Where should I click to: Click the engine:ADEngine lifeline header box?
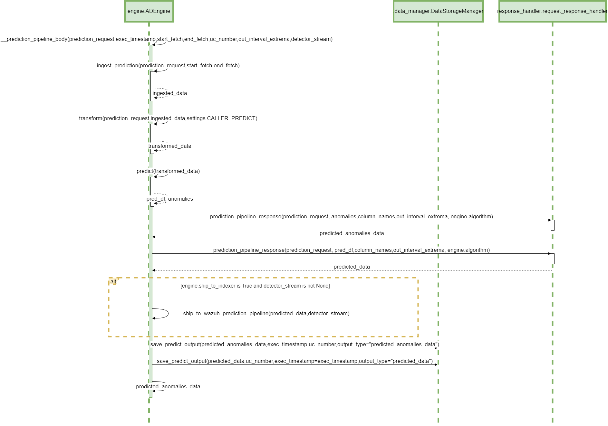(x=149, y=11)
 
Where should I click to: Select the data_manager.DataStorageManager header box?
(x=438, y=11)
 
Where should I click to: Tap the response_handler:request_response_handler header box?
(x=552, y=11)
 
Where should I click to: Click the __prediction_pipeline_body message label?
(x=167, y=39)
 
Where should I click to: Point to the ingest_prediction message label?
(x=168, y=66)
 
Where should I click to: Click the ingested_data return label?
(x=170, y=93)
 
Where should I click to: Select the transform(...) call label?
(x=168, y=118)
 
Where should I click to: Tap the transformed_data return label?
(x=170, y=146)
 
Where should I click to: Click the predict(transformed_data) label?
(x=168, y=171)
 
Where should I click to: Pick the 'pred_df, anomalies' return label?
(x=170, y=199)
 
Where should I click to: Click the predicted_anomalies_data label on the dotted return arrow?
(x=352, y=233)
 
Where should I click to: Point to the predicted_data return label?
(x=352, y=267)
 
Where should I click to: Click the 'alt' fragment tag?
(x=113, y=282)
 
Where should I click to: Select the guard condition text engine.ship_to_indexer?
(x=255, y=286)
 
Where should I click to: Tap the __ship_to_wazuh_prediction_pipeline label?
(x=263, y=314)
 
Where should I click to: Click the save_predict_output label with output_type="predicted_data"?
(x=295, y=361)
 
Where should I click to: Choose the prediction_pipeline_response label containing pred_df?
(x=351, y=250)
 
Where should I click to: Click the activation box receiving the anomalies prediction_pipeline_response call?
(x=553, y=225)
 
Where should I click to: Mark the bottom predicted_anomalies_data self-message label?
(x=168, y=387)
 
